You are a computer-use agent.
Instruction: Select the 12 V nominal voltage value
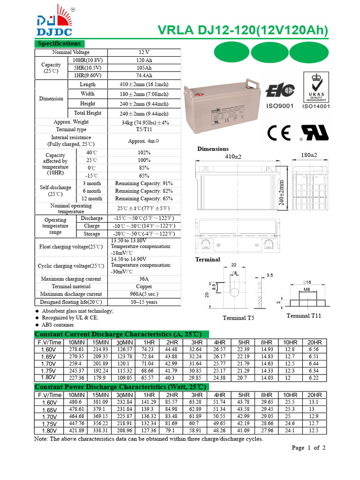[144, 52]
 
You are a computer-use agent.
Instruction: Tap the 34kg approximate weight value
[144, 122]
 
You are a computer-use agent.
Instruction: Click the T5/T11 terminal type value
[144, 129]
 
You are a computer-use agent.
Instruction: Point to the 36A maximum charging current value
[144, 279]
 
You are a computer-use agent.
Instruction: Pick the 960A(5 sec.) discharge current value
[144, 294]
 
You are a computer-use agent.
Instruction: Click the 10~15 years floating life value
[144, 302]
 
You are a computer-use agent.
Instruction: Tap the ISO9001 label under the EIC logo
[280, 106]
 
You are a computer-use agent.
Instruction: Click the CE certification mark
[279, 133]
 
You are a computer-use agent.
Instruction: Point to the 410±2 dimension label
[233, 156]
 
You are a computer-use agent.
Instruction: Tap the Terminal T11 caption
[304, 315]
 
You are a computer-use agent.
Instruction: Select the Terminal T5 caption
[238, 318]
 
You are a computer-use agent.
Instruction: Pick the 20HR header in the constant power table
[315, 395]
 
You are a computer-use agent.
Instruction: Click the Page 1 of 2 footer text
[308, 448]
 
